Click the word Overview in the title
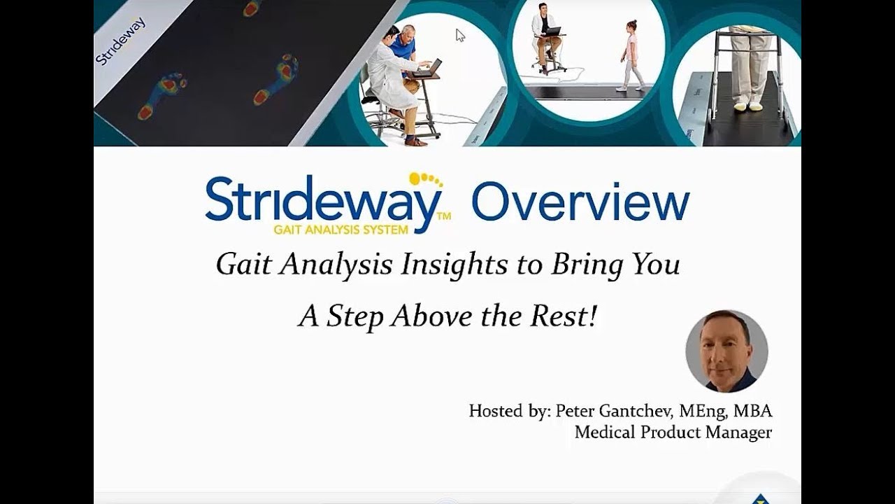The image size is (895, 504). point(580,202)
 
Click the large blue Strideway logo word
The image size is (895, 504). point(323,200)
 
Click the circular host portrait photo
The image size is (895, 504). point(726,351)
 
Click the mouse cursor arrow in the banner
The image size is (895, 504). point(459,34)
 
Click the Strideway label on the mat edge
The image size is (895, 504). point(120,41)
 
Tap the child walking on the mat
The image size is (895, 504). point(632,55)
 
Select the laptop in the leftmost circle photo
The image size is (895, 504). point(429,69)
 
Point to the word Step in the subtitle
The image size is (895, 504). point(355,316)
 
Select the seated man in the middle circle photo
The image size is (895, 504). point(546,35)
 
